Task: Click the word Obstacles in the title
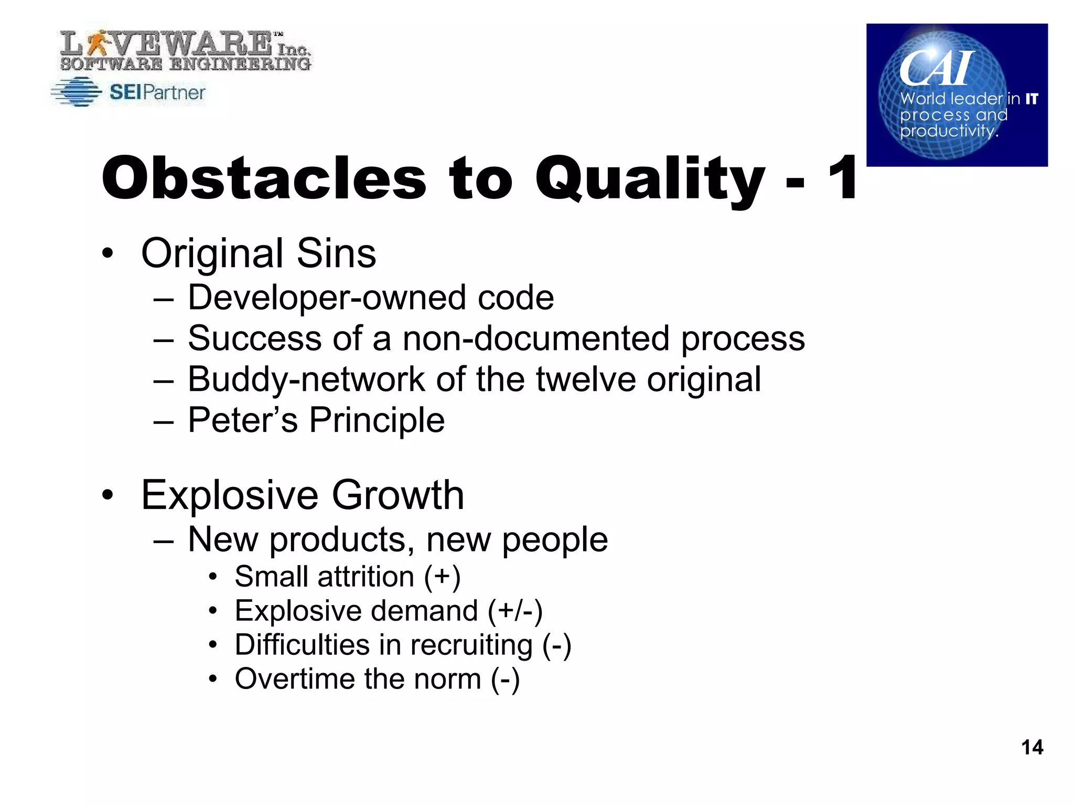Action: pyautogui.click(x=264, y=178)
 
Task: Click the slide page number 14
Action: pyautogui.click(x=1032, y=747)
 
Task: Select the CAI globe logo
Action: pyautogui.click(x=957, y=95)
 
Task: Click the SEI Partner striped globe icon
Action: pyautogui.click(x=77, y=92)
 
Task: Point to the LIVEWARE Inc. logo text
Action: pyautogui.click(x=185, y=50)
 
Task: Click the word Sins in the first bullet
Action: pyautogui.click(x=336, y=253)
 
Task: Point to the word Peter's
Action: pyautogui.click(x=242, y=420)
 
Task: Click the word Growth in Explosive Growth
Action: pyautogui.click(x=398, y=495)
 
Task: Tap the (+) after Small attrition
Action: pyautogui.click(x=442, y=577)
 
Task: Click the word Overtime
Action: pyautogui.click(x=294, y=679)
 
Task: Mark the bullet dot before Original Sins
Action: pyautogui.click(x=108, y=254)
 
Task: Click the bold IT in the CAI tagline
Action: pyautogui.click(x=1032, y=99)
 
